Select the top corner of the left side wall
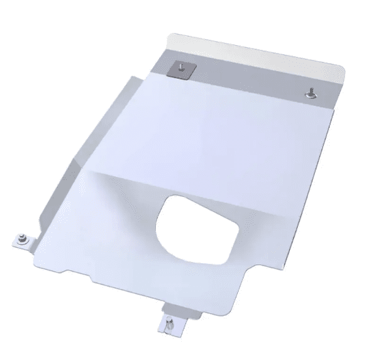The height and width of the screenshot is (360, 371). (x=133, y=76)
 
